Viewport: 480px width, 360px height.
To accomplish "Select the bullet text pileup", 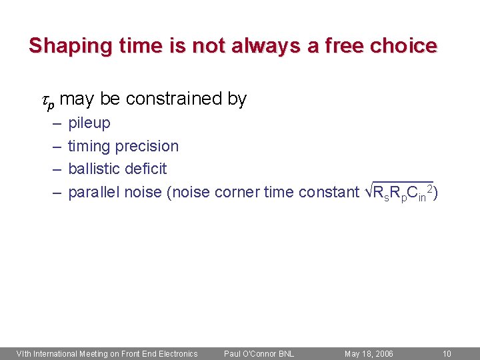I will coord(89,123).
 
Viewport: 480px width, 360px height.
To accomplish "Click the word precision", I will coord(147,146).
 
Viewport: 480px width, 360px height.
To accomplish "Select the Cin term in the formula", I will coord(417,193).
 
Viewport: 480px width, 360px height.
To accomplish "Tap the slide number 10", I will coord(447,353).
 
